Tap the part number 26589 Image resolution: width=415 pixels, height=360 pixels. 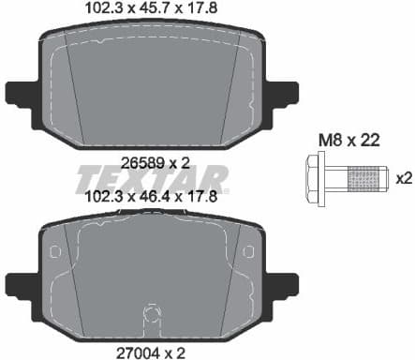coord(139,161)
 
